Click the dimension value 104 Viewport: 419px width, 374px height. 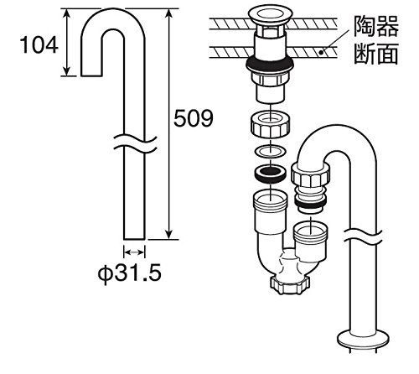coord(39,44)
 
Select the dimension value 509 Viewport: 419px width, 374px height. coord(194,118)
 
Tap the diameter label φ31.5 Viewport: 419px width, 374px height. coord(129,273)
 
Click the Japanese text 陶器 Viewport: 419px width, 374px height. coord(376,26)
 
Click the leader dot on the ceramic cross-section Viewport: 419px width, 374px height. coord(321,52)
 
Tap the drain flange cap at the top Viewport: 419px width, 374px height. coord(270,15)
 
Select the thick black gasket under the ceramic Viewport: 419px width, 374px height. coord(270,64)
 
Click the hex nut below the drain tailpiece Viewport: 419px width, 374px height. coord(271,124)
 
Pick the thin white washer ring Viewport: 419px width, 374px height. coord(271,151)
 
